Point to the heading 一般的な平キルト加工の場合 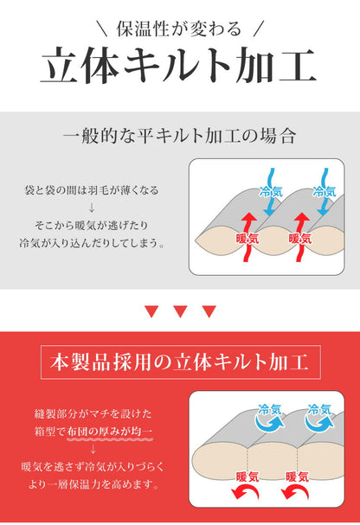[180, 136]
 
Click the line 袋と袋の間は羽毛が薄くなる [91, 189]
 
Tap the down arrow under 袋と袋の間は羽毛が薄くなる [91, 208]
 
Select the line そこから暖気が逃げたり [91, 225]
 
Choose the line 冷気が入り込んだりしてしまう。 [91, 243]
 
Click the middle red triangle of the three [180, 311]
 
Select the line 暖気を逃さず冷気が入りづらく [91, 467]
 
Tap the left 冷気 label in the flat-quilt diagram [270, 192]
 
